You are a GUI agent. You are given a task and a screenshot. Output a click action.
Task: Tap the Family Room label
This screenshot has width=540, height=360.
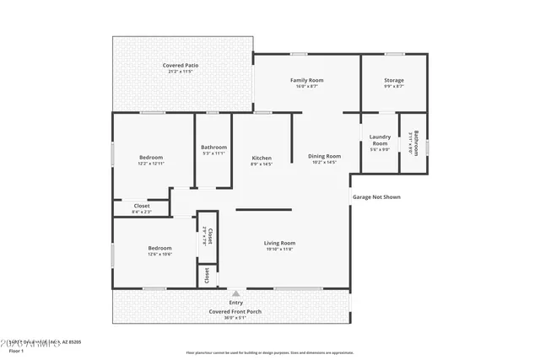click(x=307, y=80)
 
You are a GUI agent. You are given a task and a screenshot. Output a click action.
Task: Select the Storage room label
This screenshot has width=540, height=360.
click(x=394, y=80)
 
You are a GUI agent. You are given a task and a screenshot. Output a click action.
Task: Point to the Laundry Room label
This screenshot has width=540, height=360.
click(x=380, y=139)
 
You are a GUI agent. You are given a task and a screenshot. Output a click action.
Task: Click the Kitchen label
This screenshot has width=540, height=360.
click(x=262, y=158)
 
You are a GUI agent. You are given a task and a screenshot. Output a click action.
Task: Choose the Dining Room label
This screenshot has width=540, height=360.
click(x=324, y=156)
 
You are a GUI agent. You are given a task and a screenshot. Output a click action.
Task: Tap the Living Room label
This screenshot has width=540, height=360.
click(x=279, y=243)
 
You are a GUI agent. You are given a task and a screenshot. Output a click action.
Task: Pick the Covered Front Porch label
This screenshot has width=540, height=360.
click(x=235, y=311)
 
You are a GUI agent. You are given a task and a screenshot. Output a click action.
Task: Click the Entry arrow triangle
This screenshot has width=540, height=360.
click(x=235, y=293)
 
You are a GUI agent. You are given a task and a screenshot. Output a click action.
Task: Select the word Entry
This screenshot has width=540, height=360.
click(x=235, y=303)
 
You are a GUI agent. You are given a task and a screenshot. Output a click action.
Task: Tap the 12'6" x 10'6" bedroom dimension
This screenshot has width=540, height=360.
click(x=160, y=254)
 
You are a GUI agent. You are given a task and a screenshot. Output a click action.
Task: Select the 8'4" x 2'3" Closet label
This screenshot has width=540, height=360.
click(x=142, y=212)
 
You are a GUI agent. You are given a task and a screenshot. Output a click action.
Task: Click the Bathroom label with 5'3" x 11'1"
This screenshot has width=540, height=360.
click(x=213, y=148)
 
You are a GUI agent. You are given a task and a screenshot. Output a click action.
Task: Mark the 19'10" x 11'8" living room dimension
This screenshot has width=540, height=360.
click(x=279, y=249)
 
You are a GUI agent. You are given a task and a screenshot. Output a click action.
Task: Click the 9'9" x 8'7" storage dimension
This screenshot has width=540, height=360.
click(x=394, y=86)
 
